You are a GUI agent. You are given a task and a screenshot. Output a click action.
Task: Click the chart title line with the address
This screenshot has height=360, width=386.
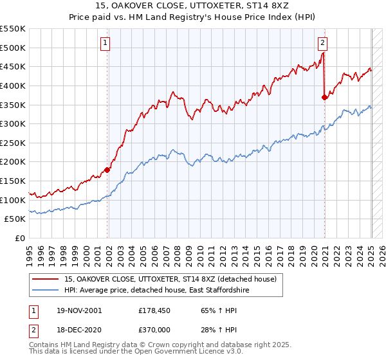(193, 6)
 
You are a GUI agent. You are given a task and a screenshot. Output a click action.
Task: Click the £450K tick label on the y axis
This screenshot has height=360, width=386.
(13, 66)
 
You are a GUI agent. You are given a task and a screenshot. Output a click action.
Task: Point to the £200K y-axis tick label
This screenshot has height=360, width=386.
(13, 162)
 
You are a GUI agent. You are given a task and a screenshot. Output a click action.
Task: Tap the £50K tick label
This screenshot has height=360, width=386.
(15, 219)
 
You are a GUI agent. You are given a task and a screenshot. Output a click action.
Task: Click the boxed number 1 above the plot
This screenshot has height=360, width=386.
(105, 44)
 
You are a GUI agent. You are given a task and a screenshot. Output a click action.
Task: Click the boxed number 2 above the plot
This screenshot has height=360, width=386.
(322, 44)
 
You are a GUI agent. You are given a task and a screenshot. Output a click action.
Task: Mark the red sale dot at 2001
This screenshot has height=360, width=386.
(107, 170)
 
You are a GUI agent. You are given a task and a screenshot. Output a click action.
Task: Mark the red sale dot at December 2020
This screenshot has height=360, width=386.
(324, 97)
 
